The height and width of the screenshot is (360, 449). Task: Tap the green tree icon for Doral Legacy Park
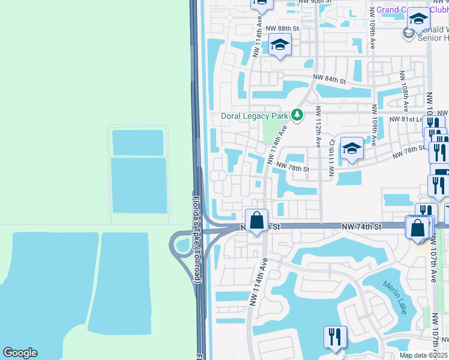[297, 114]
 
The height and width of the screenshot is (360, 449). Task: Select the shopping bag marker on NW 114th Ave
[257, 220]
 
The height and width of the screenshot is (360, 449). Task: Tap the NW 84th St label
[330, 80]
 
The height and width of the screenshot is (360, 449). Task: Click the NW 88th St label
[282, 28]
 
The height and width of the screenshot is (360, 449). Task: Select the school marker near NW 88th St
[280, 45]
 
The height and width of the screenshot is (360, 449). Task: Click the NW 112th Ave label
[318, 127]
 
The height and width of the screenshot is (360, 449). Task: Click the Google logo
[20, 353]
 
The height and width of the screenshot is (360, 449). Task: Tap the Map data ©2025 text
[423, 355]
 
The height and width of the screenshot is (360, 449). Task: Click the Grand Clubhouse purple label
[402, 10]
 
